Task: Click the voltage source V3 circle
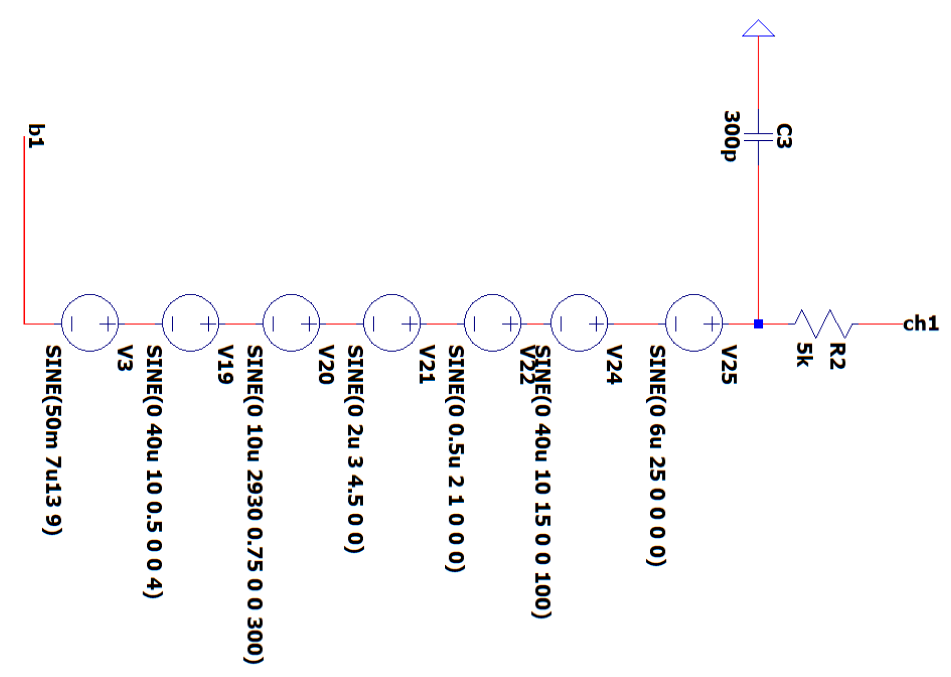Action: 90,323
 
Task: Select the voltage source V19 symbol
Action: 190,323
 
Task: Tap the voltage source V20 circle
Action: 291,323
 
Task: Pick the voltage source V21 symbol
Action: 392,323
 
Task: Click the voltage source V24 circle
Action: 579,323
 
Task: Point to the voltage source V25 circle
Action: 694,323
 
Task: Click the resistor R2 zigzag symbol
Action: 823,324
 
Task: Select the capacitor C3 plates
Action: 758,137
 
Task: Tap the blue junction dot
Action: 758,324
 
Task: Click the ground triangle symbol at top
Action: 758,29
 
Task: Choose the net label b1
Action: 36,136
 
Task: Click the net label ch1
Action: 920,324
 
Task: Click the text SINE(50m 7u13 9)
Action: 53,439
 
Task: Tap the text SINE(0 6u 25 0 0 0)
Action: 657,455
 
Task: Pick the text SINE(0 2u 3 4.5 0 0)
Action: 355,448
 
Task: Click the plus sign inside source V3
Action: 108,324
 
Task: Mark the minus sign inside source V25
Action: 676,324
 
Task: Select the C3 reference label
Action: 784,136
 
